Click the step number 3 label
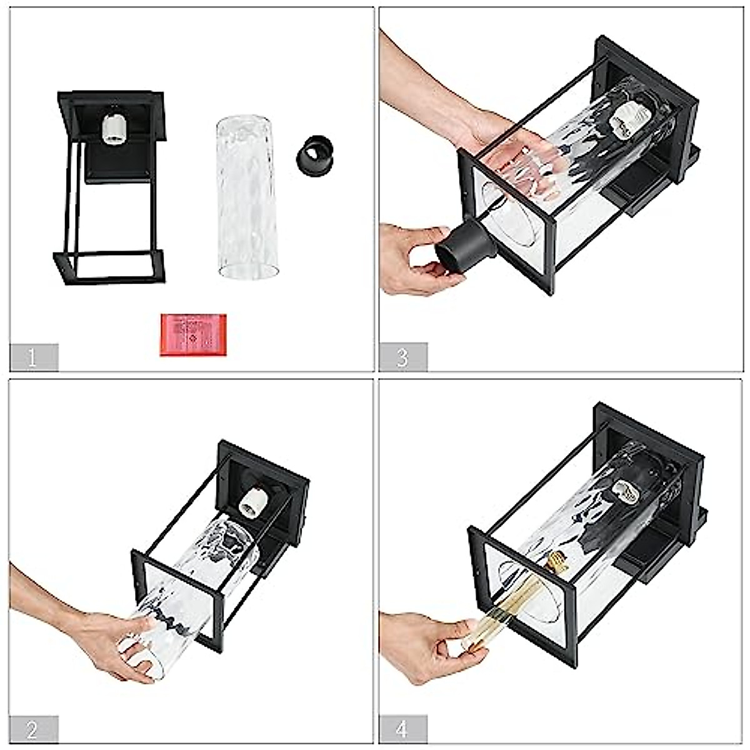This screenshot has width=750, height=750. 402,357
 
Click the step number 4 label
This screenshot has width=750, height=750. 402,729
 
